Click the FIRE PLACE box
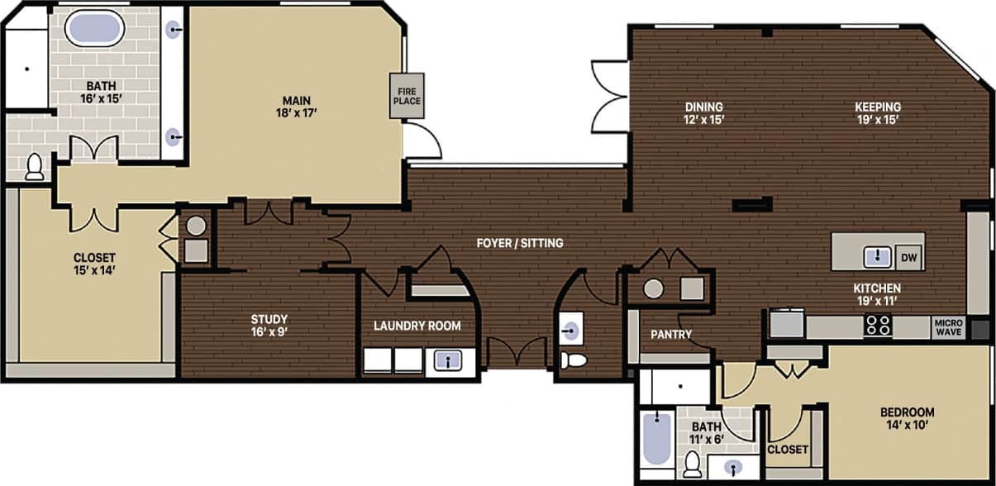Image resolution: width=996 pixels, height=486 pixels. (x=406, y=95)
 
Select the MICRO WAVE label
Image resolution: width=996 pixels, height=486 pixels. (x=947, y=328)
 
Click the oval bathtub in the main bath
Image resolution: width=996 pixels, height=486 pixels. (x=94, y=30)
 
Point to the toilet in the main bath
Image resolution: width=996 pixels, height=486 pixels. (x=35, y=167)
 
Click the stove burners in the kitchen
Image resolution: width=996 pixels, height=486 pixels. (x=878, y=326)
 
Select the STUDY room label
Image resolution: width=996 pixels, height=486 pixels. (x=269, y=319)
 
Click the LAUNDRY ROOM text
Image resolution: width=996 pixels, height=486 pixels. (x=417, y=326)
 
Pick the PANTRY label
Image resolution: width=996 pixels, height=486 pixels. (x=671, y=335)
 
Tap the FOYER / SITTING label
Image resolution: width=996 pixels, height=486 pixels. (x=520, y=243)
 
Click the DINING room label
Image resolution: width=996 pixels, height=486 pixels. (x=704, y=107)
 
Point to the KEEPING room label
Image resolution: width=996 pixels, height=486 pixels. (x=878, y=107)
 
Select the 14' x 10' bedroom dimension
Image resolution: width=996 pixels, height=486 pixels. (x=907, y=426)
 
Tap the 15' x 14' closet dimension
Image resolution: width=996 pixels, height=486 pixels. (x=94, y=269)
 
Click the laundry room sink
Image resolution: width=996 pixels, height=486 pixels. (x=448, y=360)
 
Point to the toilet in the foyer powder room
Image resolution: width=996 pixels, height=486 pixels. (x=574, y=360)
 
